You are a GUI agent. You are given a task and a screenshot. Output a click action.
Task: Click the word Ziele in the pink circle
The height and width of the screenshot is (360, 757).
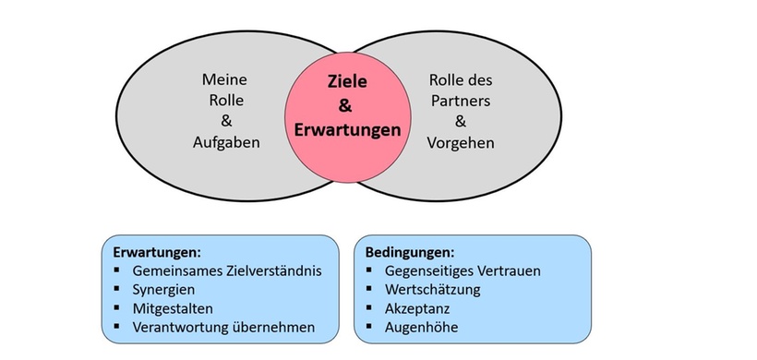click(x=347, y=81)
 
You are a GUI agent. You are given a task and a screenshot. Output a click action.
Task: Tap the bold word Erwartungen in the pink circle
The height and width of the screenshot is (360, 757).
click(x=347, y=130)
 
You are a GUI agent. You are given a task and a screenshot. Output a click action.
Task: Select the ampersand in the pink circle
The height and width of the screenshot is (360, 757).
click(x=347, y=106)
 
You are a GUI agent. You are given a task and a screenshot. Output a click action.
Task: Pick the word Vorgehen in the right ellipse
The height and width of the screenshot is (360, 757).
click(x=461, y=142)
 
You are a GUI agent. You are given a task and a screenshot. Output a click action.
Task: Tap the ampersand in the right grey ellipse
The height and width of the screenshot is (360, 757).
click(x=461, y=121)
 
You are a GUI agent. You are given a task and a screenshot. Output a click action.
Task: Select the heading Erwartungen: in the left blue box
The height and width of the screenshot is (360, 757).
click(x=156, y=251)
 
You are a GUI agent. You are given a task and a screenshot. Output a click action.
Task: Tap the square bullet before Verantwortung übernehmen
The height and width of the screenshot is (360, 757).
click(x=117, y=327)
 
